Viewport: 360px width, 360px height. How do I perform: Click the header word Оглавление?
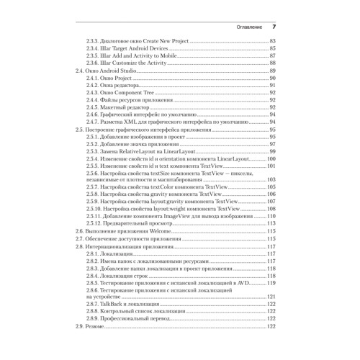point(243,27)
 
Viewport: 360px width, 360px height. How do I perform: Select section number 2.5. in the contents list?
point(80,130)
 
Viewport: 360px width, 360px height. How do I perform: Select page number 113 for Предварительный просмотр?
point(271,223)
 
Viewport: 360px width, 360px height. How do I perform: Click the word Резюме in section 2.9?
point(97,327)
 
